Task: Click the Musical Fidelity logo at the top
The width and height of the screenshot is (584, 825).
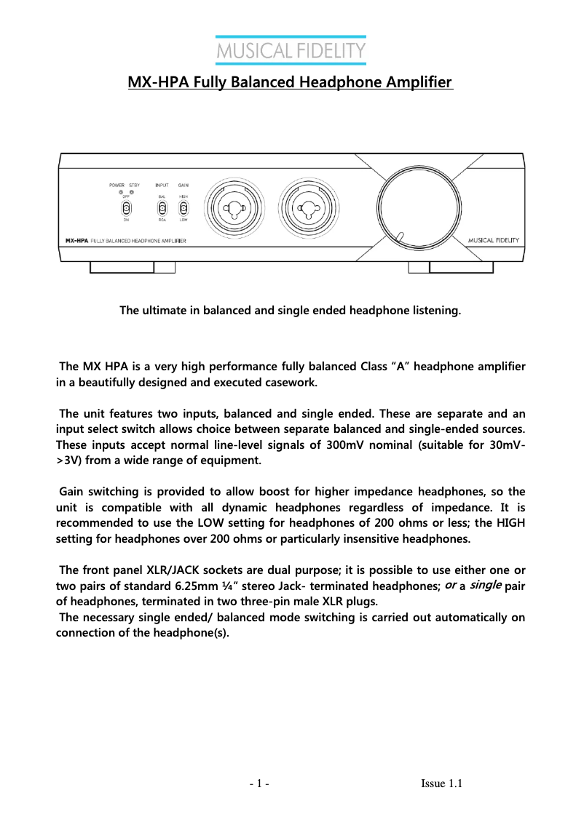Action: click(x=291, y=52)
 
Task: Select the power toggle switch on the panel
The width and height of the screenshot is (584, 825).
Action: click(x=126, y=208)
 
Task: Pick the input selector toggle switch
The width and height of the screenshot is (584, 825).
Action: click(x=162, y=208)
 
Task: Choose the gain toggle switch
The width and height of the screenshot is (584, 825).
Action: click(x=184, y=208)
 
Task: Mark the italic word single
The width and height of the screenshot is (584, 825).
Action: click(x=486, y=585)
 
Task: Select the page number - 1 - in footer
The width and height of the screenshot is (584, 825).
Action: click(x=259, y=784)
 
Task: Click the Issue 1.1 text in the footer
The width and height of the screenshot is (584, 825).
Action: click(x=442, y=784)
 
